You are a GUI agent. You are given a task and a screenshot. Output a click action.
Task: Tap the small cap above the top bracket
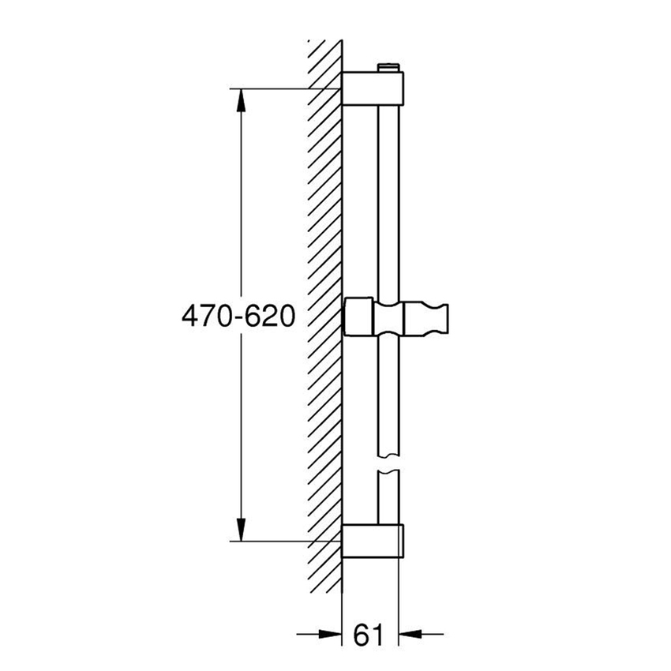[x=389, y=68]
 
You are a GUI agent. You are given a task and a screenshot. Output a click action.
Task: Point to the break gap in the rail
[x=389, y=466]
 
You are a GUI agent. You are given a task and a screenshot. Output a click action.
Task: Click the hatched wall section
[x=324, y=316]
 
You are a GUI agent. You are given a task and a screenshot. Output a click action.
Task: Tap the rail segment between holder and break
[x=389, y=395]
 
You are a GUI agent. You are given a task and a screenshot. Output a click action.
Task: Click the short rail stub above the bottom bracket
[x=389, y=497]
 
